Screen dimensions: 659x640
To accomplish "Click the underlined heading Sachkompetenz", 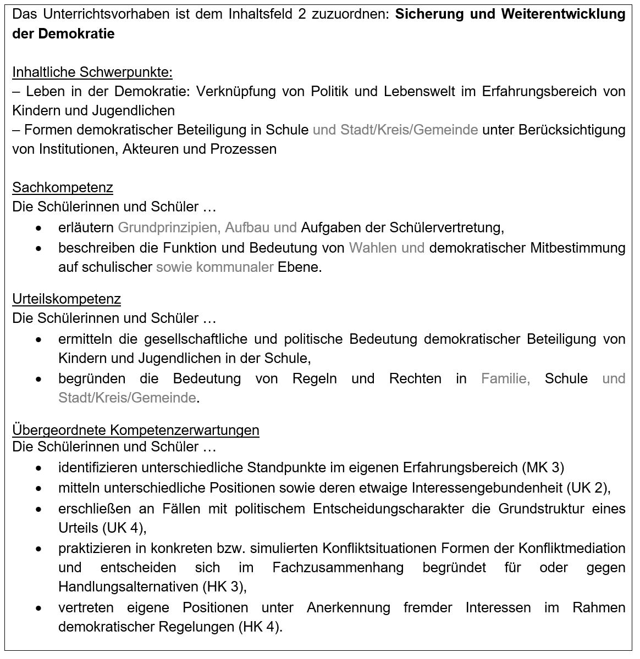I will [63, 188].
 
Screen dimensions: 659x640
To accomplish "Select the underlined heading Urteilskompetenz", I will [67, 299].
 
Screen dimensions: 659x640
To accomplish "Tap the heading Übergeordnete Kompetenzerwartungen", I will [136, 429].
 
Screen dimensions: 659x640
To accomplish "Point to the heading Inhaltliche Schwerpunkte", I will [92, 72].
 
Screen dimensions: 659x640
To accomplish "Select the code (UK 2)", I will [591, 488].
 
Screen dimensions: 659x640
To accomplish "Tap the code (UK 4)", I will [124, 528].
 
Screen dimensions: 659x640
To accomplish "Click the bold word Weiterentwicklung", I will [563, 14].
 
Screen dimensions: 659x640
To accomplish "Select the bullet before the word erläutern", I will [38, 228].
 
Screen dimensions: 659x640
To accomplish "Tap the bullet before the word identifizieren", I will [38, 468].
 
